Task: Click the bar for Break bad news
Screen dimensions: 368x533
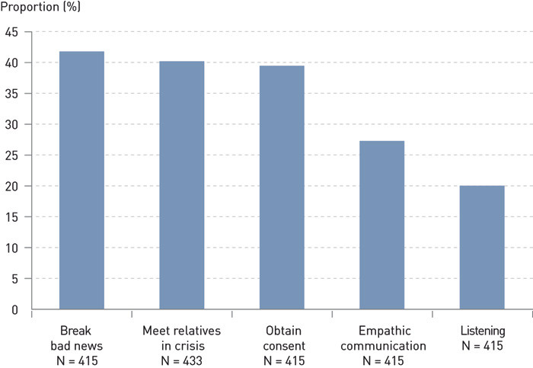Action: (x=81, y=181)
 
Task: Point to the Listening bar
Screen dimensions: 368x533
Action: (x=482, y=248)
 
